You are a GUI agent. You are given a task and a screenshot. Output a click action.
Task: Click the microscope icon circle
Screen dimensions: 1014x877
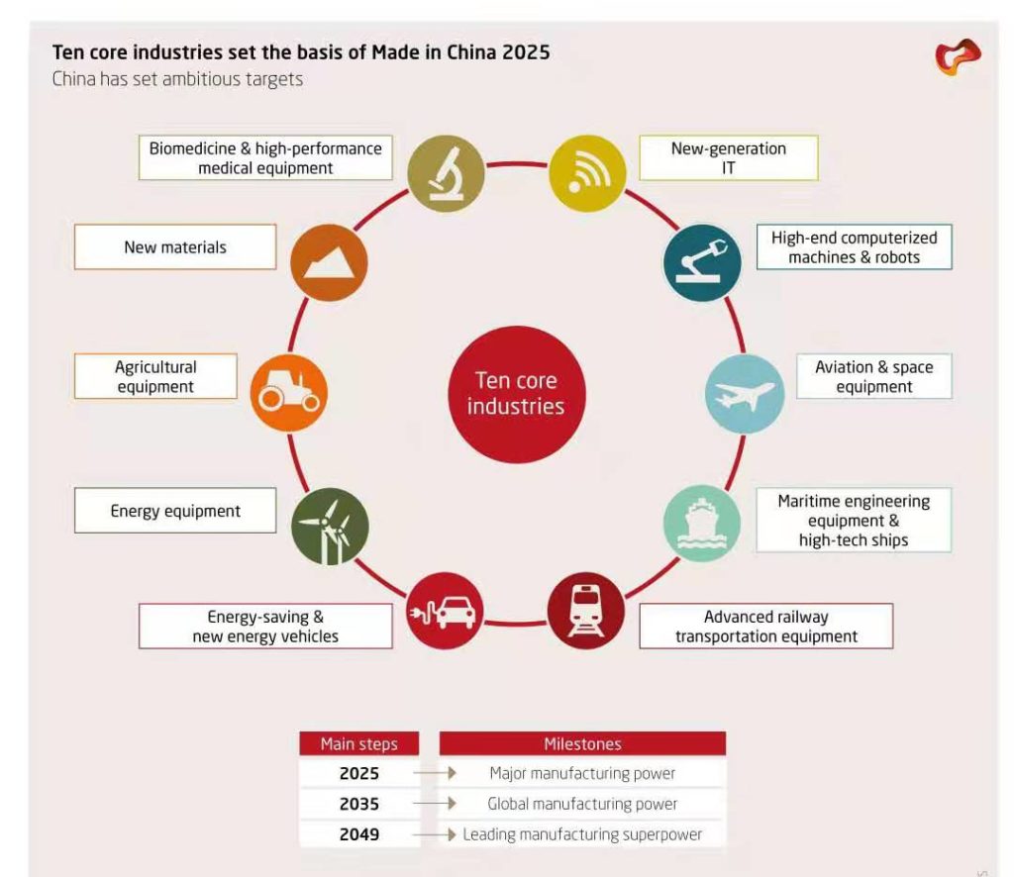(x=446, y=173)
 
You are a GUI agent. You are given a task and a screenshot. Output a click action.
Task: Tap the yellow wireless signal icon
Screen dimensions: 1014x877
(x=587, y=173)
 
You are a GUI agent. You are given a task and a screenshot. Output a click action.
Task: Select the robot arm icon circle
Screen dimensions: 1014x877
(x=702, y=262)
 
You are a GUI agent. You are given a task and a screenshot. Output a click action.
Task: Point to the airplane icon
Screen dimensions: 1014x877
(x=745, y=394)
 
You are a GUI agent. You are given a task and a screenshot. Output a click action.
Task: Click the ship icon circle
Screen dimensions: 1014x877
(x=702, y=524)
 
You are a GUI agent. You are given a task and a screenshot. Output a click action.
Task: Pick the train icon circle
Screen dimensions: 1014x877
(x=586, y=611)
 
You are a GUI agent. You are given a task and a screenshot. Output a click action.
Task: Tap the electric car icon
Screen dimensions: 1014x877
(x=445, y=611)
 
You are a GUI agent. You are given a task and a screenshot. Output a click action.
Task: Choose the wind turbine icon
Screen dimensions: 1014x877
(x=330, y=526)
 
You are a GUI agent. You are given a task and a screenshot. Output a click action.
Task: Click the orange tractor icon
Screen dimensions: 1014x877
(x=289, y=393)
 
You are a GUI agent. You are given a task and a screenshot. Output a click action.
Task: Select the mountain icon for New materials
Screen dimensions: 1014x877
(x=329, y=262)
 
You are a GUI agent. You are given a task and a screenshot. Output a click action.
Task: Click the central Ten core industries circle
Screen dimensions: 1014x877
(x=517, y=394)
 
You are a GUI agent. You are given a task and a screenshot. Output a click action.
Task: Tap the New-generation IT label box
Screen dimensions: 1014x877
(x=729, y=157)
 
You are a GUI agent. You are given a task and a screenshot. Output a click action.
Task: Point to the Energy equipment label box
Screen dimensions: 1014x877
(x=175, y=511)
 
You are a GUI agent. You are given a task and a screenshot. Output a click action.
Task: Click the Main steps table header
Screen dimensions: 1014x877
(x=358, y=744)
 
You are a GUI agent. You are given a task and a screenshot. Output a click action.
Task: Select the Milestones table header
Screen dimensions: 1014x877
(x=582, y=744)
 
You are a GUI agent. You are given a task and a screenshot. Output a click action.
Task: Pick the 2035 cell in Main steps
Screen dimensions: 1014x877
(x=358, y=804)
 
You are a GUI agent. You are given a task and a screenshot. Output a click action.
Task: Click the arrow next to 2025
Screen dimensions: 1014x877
(x=435, y=773)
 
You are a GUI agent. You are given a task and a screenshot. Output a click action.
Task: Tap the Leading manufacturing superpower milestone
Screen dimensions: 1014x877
(x=582, y=834)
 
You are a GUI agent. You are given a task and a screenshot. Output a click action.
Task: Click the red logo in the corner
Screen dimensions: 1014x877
(x=958, y=56)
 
